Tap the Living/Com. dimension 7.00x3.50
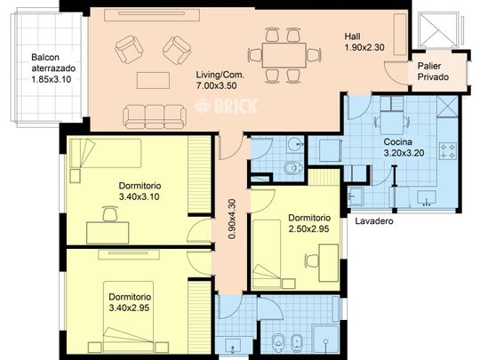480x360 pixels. coord(216,85)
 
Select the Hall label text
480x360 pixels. coord(352,36)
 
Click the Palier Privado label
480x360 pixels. coord(433,71)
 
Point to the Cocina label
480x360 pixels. coord(397,142)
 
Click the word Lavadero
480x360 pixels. coord(374,221)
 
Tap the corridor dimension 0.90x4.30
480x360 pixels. coord(232,219)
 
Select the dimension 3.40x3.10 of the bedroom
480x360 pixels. coord(139,196)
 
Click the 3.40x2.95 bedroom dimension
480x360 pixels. coord(129,308)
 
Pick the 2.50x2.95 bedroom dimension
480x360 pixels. coord(308,228)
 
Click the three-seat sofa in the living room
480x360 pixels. coord(155,116)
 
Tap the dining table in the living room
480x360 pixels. coord(284,55)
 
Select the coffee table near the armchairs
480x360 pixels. coord(153,80)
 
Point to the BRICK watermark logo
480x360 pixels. coord(226,106)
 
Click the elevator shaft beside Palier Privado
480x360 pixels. coord(438,29)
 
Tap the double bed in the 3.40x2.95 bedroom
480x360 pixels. coord(128,317)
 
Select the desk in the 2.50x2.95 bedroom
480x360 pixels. coord(329,262)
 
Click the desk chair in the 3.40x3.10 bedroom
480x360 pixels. coord(110,213)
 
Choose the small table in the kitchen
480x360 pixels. coord(392,123)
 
